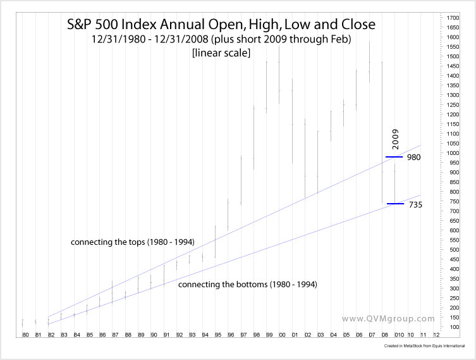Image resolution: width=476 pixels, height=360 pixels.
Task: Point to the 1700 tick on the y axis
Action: [x=453, y=18]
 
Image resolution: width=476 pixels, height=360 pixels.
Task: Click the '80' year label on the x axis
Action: [x=25, y=334]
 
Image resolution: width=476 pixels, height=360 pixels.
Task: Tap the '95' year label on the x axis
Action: [x=218, y=334]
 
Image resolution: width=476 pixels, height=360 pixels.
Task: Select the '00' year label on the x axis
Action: [x=282, y=334]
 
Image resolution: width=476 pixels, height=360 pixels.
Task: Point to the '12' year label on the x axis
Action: [x=436, y=334]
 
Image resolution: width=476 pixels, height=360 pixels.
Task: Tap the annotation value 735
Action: [x=415, y=204]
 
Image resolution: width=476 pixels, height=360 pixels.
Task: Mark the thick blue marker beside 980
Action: [x=394, y=156]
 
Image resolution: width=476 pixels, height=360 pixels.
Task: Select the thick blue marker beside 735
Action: [x=395, y=204]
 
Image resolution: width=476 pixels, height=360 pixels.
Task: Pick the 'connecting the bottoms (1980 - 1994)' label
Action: [x=248, y=285]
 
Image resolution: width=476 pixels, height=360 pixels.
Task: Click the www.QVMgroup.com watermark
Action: [x=388, y=319]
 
